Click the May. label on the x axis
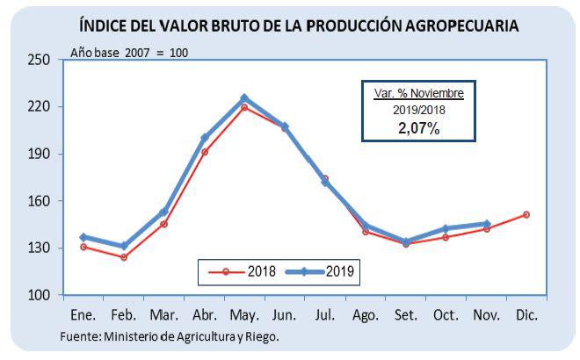244,313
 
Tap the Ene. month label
83,313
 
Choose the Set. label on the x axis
406,313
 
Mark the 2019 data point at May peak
244,98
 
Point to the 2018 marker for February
124,257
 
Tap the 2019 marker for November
487,224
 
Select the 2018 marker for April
205,152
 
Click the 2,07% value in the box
419,127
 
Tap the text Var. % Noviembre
419,93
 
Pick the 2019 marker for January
83,237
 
